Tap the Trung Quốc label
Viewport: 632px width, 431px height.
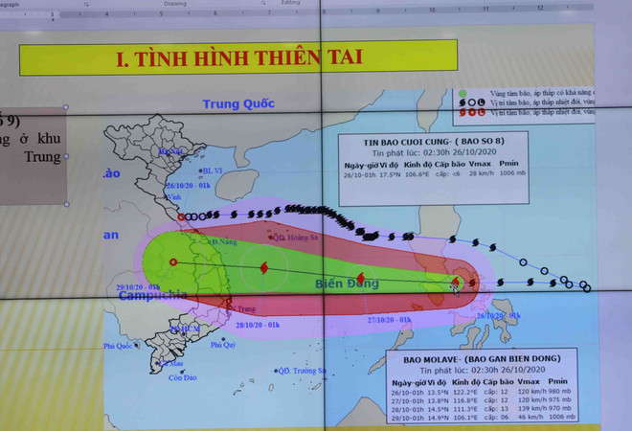[238, 103]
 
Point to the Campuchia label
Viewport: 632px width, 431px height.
[152, 296]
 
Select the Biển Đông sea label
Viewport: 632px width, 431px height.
[348, 284]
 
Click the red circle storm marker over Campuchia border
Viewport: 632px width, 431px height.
[173, 261]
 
